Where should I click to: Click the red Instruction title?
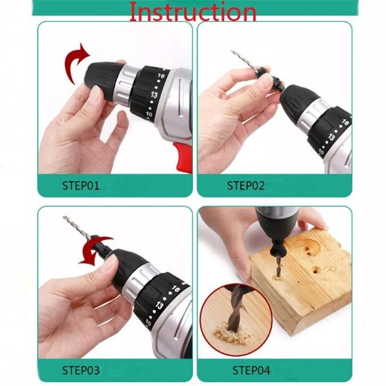pos(192,12)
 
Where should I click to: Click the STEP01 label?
pos(81,185)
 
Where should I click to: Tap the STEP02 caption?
pos(246,185)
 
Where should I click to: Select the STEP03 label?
pos(81,371)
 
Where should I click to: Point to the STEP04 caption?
pos(251,371)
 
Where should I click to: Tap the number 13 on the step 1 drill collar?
pos(153,95)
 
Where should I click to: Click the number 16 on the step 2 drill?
pos(345,123)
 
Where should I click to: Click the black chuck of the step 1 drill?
pos(104,75)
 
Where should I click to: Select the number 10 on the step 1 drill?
pos(148,115)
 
